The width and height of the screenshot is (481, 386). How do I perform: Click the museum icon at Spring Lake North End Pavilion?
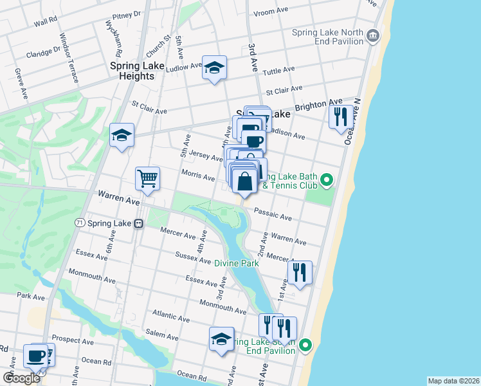374,34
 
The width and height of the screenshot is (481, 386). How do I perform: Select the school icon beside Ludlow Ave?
214,67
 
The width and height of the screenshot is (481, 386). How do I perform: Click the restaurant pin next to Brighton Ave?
341,116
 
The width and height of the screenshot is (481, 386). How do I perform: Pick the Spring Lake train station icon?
138,223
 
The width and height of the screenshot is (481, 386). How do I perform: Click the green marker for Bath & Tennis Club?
327,179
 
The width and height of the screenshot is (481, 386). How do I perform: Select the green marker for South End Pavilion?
305,346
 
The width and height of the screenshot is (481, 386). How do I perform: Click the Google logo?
21,378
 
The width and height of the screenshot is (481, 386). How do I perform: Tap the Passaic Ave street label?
273,214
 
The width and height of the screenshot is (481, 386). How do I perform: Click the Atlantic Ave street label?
170,316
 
